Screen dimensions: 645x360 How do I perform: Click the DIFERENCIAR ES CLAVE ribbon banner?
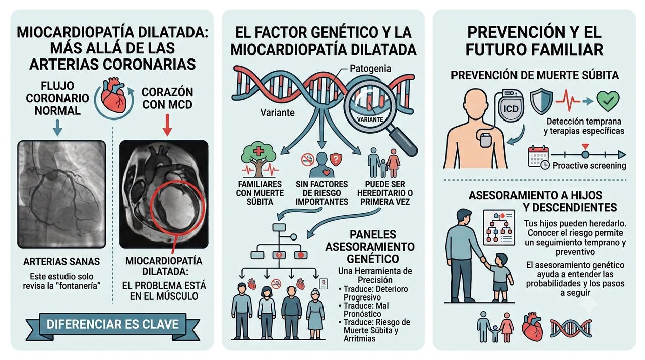[x=112, y=324]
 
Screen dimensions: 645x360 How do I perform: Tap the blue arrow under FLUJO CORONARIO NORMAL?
[x=57, y=128]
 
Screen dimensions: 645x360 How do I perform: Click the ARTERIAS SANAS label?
[x=61, y=262]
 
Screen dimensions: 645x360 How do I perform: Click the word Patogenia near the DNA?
[x=370, y=69]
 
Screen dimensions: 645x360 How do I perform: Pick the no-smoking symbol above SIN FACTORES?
[x=307, y=159]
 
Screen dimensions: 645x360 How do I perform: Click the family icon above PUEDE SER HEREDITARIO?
[x=384, y=163]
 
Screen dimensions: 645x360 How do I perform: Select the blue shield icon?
[x=541, y=101]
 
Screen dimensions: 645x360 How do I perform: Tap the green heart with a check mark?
[x=608, y=101]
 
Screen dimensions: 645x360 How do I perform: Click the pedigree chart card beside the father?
[x=499, y=227]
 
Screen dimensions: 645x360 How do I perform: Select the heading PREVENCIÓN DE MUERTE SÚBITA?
[x=535, y=76]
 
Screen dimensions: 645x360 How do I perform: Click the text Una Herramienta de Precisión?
[x=375, y=276]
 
